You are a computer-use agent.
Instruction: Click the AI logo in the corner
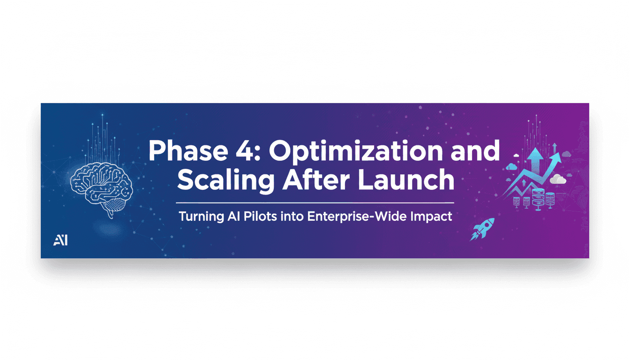(60, 240)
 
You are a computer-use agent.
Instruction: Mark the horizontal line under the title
(315, 203)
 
